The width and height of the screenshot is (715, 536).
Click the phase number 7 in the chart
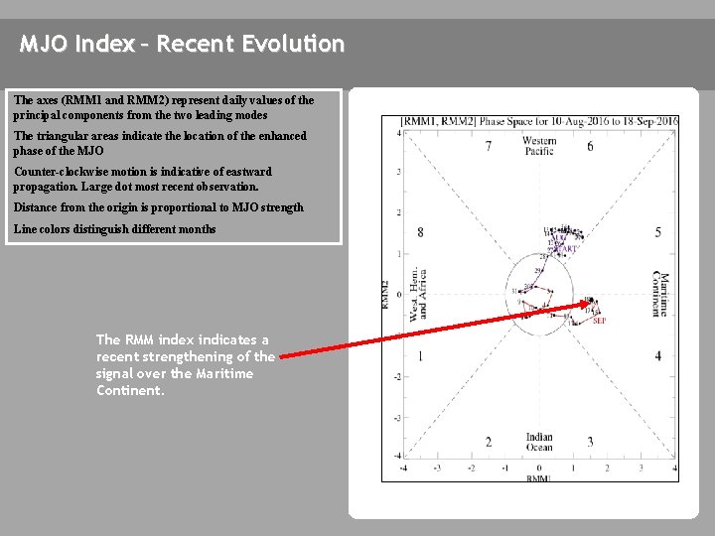[488, 147]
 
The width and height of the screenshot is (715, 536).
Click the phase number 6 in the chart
[590, 147]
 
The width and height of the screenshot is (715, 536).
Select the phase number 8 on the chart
[420, 232]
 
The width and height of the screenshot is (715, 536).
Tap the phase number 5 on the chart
[657, 232]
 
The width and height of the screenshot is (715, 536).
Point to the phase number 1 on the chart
[420, 355]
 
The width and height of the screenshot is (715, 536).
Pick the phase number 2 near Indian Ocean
[488, 442]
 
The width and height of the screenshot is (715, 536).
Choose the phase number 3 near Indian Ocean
[590, 442]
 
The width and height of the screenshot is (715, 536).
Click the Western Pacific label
[539, 147]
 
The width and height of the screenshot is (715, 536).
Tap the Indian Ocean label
[539, 443]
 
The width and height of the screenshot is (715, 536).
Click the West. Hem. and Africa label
[418, 295]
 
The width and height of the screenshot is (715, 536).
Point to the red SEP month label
[599, 321]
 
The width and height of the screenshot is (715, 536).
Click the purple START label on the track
[564, 249]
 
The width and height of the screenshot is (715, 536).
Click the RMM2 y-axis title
[385, 295]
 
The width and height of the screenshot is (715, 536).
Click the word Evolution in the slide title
[297, 45]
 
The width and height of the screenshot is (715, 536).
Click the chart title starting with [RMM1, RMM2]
[539, 121]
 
